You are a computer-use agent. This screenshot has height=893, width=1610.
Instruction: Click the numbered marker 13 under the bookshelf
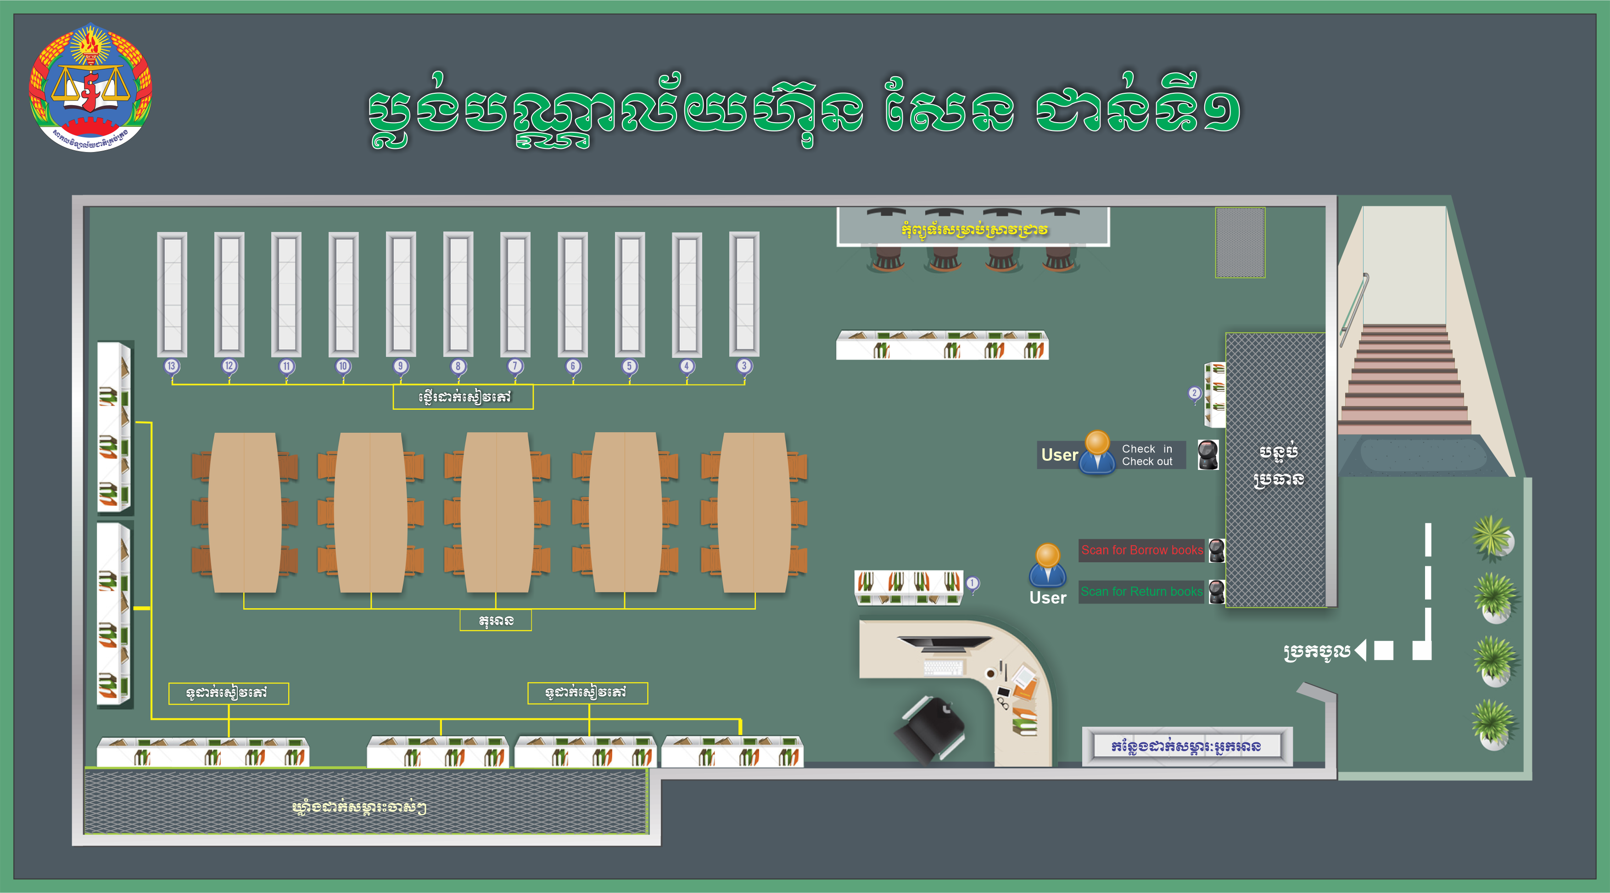pos(171,366)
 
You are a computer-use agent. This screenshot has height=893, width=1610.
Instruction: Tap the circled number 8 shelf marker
pos(458,366)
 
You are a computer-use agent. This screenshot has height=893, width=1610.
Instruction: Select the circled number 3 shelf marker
pos(744,366)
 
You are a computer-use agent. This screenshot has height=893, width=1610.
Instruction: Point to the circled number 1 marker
pos(972,583)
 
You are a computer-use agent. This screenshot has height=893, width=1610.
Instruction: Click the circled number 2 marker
pos(1194,393)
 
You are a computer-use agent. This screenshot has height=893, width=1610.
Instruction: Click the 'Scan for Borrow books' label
pos(1141,550)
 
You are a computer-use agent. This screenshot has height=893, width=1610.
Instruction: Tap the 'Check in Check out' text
pos(1147,455)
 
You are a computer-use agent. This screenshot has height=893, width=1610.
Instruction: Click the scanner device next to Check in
pos(1207,455)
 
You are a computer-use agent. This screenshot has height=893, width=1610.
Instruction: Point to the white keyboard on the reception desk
pos(943,668)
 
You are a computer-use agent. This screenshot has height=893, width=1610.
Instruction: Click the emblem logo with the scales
pos(90,88)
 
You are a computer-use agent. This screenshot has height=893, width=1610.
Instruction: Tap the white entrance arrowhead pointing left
pos(1361,650)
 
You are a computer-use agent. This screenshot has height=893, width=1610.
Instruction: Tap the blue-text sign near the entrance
pos(1186,746)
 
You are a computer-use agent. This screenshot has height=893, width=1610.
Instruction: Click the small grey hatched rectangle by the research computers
pos(1240,243)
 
